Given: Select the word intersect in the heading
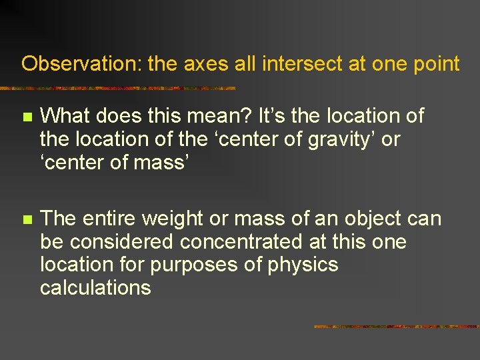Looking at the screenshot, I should tap(297, 64).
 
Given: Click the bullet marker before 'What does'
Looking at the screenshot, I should tap(27, 117).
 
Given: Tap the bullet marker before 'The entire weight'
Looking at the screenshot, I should tap(27, 219).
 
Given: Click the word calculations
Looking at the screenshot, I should tap(95, 288).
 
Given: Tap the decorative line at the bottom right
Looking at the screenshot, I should tap(396, 327).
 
